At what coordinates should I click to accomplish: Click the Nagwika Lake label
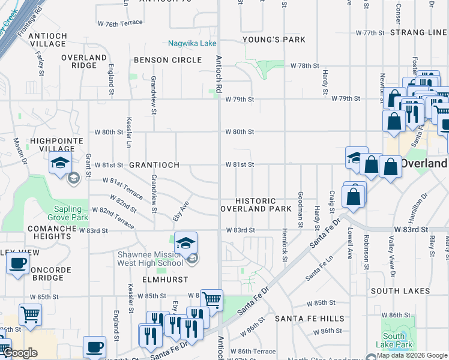coord(175,44)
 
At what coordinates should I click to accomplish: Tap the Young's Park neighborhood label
coord(274,40)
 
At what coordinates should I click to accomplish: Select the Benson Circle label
coord(167,60)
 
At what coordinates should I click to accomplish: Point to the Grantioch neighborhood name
coord(150,164)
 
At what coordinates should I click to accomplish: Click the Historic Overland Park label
coord(256,205)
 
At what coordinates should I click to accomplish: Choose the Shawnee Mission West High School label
coord(149,259)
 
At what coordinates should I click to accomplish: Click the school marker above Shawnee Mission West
coord(186,242)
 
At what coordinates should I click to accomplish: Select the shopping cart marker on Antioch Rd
coord(211,299)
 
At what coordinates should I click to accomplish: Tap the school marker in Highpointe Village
coord(60,163)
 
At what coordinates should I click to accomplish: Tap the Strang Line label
coord(418,32)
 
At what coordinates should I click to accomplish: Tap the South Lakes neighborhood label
coord(400,291)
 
